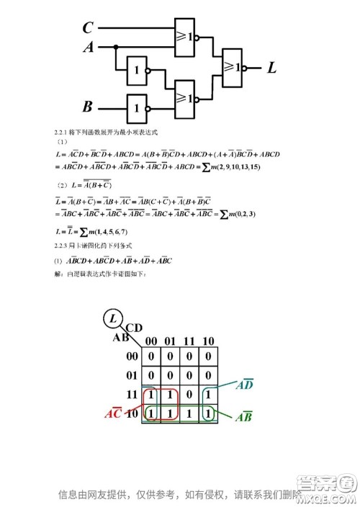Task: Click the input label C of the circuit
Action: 88,28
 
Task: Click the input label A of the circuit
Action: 88,48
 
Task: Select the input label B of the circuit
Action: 88,107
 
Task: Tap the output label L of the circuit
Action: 271,68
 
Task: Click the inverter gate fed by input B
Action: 137,107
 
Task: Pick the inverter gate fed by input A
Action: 137,71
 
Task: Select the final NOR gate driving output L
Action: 233,68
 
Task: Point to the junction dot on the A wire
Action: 115,48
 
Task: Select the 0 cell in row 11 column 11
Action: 188,395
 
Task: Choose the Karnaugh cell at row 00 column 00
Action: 151,356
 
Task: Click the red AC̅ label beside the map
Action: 113,413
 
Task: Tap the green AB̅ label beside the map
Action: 243,416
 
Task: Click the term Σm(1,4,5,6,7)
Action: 96,232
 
